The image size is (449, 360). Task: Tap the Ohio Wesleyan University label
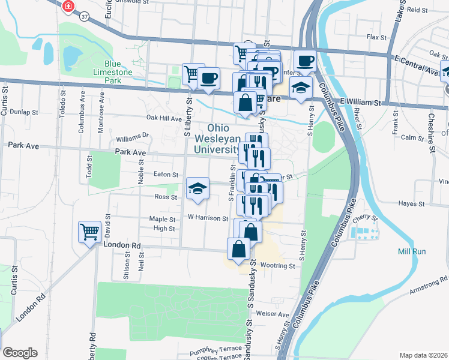[x=224, y=139]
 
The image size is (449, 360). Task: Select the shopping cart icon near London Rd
[x=89, y=231]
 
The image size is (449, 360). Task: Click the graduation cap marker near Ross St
[x=197, y=189]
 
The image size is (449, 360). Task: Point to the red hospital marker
[x=69, y=7]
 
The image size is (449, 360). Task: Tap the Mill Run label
[x=411, y=251]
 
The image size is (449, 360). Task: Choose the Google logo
[x=20, y=353]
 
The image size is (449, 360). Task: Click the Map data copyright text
[x=424, y=355]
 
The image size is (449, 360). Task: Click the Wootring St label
[x=279, y=266]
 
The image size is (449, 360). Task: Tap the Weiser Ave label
[x=273, y=314]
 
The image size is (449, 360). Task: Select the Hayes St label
[x=411, y=204]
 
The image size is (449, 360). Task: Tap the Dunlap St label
[x=27, y=112]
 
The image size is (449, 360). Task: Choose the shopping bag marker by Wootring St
[x=238, y=249]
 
